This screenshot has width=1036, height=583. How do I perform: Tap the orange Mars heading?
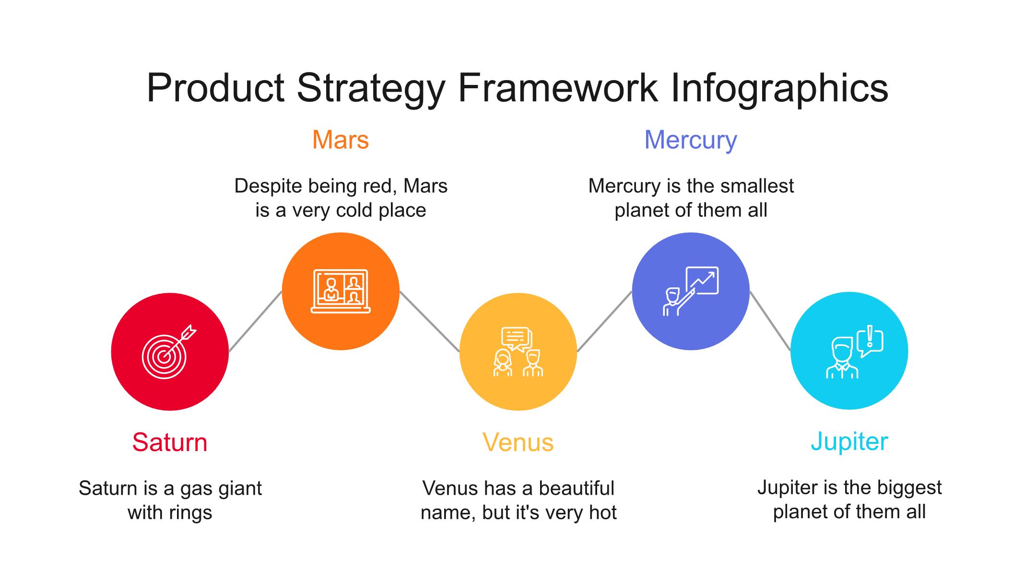click(x=341, y=140)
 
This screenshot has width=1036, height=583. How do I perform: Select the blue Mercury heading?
click(x=691, y=141)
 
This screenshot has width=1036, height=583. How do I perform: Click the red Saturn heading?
click(x=170, y=442)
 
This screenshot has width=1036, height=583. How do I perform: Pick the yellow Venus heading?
click(x=518, y=442)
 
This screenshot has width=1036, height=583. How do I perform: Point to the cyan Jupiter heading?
click(x=849, y=442)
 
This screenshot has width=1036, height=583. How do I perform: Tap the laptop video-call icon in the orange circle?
click(x=341, y=291)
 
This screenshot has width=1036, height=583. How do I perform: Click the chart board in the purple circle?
click(x=702, y=280)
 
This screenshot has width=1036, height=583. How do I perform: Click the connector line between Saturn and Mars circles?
click(x=255, y=321)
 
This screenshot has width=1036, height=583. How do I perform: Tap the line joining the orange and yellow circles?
click(x=429, y=321)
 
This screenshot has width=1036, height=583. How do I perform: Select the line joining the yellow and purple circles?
click(x=604, y=321)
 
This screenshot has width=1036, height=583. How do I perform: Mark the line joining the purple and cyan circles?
click(x=770, y=321)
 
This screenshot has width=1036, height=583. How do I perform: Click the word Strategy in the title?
click(x=371, y=89)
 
